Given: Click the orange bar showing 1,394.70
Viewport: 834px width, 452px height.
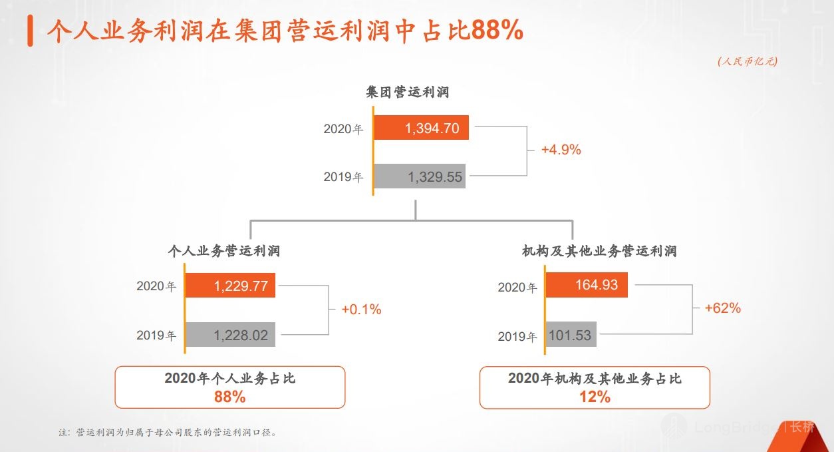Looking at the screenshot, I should point(421,128).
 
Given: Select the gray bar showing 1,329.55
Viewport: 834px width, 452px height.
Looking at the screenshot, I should point(420,176).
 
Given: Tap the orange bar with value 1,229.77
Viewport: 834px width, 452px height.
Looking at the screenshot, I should point(230,286).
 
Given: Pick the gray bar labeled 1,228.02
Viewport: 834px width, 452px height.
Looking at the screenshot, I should point(230,335).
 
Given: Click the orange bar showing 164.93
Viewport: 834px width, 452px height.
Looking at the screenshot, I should point(587,286).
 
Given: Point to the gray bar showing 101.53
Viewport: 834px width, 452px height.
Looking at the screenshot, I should point(571,335).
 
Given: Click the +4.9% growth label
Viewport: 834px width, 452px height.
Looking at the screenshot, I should point(561,150).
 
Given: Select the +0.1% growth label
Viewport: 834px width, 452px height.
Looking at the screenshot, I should point(361,310).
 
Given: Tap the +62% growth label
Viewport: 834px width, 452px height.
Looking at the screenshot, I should point(723,308).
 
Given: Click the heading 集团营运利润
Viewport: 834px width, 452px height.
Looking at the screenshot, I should point(408,92).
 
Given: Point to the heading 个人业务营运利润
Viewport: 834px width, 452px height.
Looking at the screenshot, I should point(224,251).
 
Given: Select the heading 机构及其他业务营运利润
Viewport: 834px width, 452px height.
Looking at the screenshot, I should point(599,251).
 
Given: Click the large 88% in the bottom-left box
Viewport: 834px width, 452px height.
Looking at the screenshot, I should point(229,397).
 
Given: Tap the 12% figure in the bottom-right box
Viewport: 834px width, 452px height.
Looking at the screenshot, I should point(595,397).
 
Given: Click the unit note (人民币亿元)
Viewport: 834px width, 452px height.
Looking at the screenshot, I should point(748,61).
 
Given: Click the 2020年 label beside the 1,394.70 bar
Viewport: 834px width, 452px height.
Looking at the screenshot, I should point(343,129).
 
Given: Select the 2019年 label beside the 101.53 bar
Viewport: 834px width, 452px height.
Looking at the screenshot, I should point(517,337).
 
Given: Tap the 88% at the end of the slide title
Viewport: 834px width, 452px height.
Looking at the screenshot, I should point(497,31).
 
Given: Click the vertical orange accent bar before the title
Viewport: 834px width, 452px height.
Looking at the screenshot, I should point(31,31).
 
